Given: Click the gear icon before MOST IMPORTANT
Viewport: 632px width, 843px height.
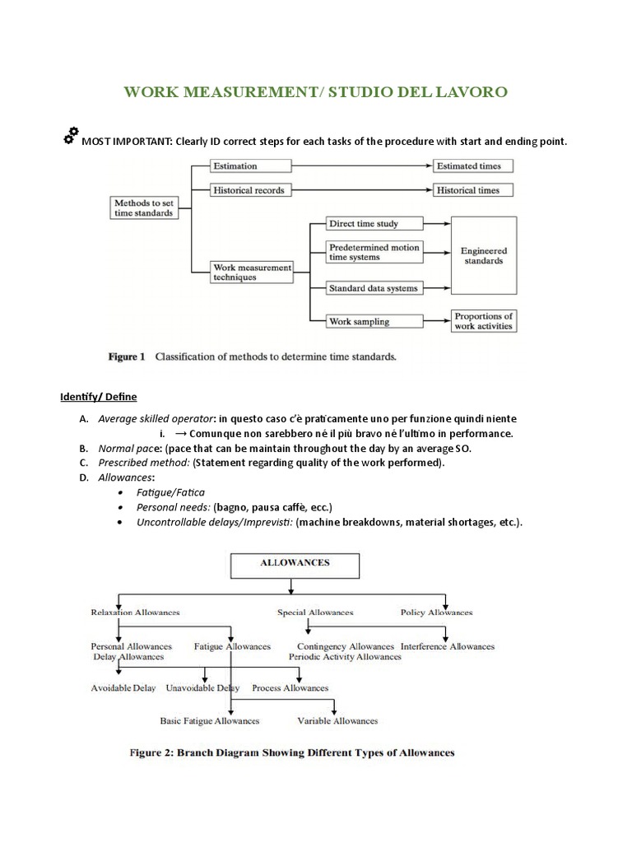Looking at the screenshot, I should point(71,136).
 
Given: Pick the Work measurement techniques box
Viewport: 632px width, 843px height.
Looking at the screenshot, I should point(251,272).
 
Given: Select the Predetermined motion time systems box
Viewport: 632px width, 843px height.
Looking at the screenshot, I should point(374,252).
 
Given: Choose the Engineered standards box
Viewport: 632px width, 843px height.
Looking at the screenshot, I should point(483,256).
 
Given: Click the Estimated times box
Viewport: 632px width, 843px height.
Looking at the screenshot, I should point(473,165).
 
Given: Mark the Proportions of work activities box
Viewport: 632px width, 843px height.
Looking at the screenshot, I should point(483,321).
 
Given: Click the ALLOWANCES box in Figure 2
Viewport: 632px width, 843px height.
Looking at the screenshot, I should point(295,564).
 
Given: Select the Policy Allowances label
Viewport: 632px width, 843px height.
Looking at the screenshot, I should point(436,612).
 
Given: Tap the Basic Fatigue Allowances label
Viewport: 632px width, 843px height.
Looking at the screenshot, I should point(209,720).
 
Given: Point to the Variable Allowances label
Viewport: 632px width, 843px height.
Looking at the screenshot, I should point(337,720).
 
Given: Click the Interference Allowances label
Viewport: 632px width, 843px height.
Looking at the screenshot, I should point(448,646).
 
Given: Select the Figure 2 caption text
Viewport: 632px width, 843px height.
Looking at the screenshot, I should point(315,752).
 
